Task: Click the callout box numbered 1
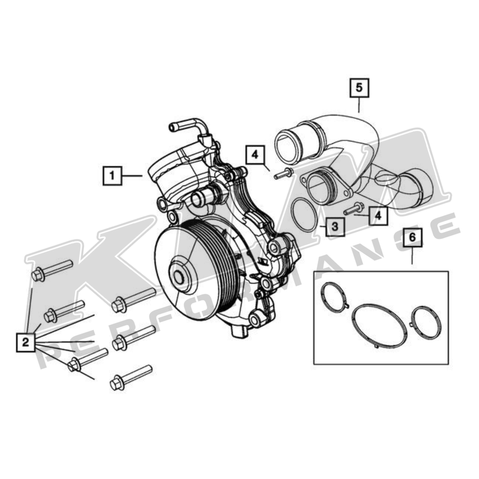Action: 112,174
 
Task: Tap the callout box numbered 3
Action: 335,226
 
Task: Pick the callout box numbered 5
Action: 359,88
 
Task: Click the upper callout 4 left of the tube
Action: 255,155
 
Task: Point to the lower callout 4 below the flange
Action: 378,215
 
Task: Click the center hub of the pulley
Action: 180,278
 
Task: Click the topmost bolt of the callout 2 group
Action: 52,271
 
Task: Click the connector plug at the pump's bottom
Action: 239,332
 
